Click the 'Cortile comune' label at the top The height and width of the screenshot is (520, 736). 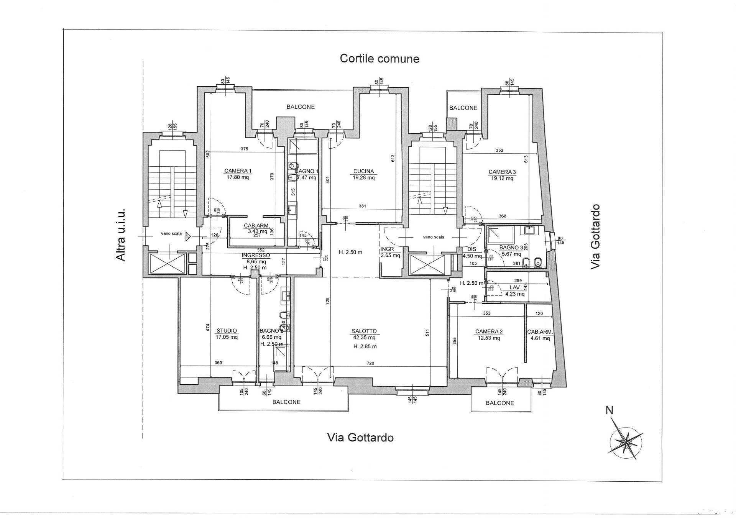(x=379, y=59)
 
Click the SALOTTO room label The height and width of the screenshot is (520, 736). (x=364, y=331)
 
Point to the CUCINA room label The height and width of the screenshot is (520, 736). (x=363, y=171)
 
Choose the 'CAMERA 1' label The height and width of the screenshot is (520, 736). (x=238, y=171)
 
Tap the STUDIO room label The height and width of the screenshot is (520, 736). (x=227, y=331)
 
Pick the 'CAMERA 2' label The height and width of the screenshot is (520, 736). (x=489, y=331)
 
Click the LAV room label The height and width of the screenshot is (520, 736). (x=514, y=287)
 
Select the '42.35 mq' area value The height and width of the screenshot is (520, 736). (x=364, y=338)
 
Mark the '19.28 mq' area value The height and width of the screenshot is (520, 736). (x=363, y=177)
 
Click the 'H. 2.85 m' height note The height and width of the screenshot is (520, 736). (x=365, y=346)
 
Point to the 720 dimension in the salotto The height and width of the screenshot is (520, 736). (x=370, y=363)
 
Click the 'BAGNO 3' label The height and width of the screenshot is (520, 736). (x=511, y=248)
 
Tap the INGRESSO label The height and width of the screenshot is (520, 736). (x=256, y=255)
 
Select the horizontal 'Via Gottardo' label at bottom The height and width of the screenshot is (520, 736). (x=360, y=438)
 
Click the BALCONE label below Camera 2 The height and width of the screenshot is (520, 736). (x=500, y=403)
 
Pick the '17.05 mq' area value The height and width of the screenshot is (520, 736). (x=227, y=337)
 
